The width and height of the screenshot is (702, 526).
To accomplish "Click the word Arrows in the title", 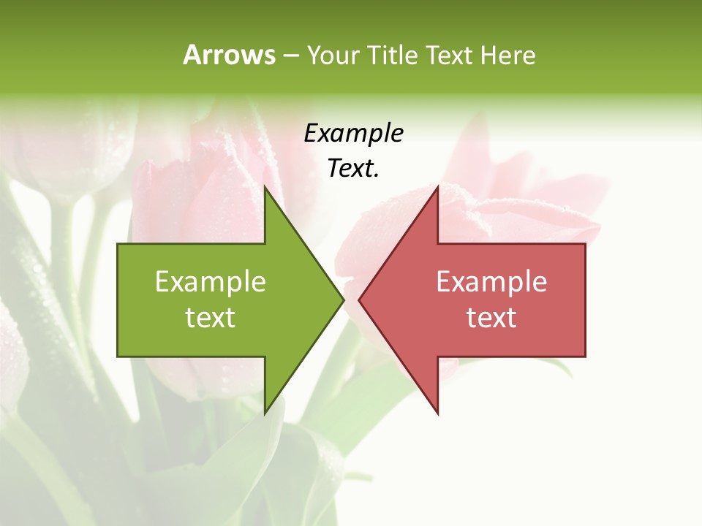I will pyautogui.click(x=228, y=55).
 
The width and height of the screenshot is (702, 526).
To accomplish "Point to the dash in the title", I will pyautogui.click(x=290, y=56).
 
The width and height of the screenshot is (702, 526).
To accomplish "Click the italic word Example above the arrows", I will pyautogui.click(x=353, y=133).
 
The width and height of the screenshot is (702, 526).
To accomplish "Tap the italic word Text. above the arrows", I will pyautogui.click(x=353, y=169).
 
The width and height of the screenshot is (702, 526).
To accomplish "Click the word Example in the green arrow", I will pyautogui.click(x=211, y=281).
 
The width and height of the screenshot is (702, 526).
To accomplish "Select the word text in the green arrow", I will pyautogui.click(x=211, y=318).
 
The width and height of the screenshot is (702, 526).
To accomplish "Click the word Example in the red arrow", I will pyautogui.click(x=491, y=281).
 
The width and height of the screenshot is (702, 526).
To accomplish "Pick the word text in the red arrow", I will pyautogui.click(x=491, y=318).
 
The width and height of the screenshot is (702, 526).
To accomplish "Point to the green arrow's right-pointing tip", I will pyautogui.click(x=344, y=300).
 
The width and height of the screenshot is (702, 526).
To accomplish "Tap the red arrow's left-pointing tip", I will pyautogui.click(x=358, y=300).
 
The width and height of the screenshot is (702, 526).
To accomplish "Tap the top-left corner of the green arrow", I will pyautogui.click(x=118, y=243).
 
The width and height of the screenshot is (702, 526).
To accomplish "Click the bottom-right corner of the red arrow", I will pyautogui.click(x=585, y=357).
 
